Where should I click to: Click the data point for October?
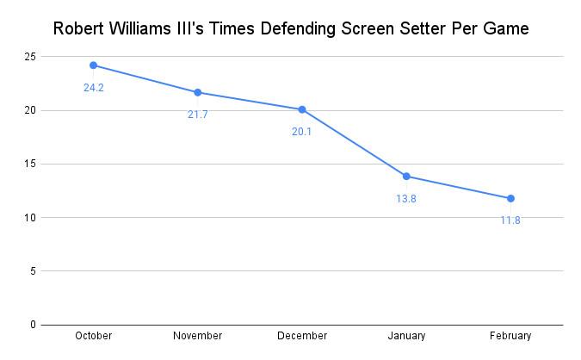click(93, 65)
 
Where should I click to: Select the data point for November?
click(197, 92)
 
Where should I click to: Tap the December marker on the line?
click(301, 109)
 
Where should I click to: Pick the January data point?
click(405, 177)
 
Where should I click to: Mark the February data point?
click(510, 198)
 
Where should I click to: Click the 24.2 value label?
click(93, 87)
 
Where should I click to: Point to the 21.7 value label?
click(197, 115)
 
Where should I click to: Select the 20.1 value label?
click(301, 132)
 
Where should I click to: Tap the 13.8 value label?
click(405, 199)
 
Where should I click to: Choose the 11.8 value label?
click(510, 220)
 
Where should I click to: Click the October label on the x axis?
click(93, 336)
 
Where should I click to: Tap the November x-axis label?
click(197, 336)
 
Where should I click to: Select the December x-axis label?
click(301, 336)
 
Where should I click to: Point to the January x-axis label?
click(405, 336)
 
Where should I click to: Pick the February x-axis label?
click(510, 336)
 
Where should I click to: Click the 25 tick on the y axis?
click(29, 57)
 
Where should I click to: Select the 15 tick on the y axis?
click(29, 164)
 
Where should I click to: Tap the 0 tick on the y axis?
click(33, 325)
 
